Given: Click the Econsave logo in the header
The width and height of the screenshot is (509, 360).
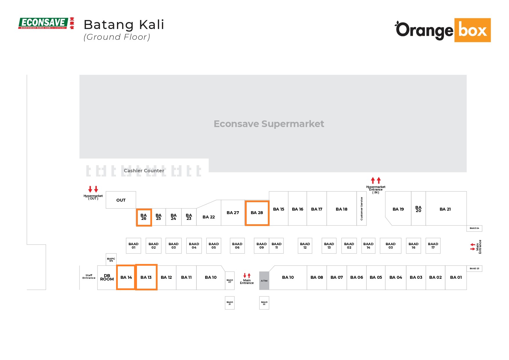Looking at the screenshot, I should pos(46,23).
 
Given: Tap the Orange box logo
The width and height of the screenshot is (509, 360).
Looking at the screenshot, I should pos(443,30).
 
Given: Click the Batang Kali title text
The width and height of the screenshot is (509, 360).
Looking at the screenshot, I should pos(124,25).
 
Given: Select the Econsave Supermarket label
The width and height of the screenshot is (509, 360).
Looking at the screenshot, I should pos(269,124).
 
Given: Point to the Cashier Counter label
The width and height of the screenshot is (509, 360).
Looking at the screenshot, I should pos(144,171).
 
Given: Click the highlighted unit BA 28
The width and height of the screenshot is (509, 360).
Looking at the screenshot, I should pos(257,213).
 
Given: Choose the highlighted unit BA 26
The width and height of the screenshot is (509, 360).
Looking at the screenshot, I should pos(144,217).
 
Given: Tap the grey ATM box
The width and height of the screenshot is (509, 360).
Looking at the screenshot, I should pos(264,281).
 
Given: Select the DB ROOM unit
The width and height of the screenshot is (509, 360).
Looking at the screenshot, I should pos(107,278).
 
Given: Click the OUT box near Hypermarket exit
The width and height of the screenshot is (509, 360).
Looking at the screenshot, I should pos(121,200).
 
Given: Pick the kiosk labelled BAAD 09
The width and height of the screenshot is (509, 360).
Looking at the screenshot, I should pos(261,246).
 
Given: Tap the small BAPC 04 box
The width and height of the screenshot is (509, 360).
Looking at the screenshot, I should pos(111,259).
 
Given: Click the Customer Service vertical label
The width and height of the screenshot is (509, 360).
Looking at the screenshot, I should pos(362,209).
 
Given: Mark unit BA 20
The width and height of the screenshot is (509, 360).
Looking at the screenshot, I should pos(418,209).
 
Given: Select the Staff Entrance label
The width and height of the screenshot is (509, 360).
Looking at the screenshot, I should pos(89,277).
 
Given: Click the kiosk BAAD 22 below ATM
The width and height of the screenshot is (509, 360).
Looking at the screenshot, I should pos(264,303).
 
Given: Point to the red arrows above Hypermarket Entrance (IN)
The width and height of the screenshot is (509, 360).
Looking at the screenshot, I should pos(376,180).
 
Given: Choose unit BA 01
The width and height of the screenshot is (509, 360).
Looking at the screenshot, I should pos(456,278).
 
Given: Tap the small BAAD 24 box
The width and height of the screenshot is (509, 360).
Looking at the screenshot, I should pos(474,228).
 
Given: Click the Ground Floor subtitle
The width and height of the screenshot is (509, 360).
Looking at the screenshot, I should pos(117,37).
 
